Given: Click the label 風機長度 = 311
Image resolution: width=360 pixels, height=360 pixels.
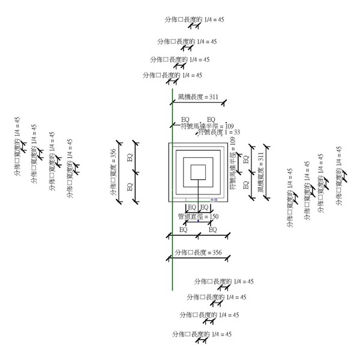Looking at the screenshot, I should (198, 97).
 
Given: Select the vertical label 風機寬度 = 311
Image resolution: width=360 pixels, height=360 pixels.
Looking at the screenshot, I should (260, 172).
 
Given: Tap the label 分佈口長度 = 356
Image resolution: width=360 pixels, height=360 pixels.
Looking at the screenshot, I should (197, 253).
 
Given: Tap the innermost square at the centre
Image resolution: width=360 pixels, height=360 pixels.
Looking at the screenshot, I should (198, 172).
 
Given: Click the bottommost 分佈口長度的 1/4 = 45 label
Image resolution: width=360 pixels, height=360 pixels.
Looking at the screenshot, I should (201, 334).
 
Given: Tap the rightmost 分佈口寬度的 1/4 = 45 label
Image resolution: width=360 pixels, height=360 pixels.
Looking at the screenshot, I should (339, 170).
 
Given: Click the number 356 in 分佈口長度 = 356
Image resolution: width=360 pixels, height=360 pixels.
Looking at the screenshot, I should (217, 253).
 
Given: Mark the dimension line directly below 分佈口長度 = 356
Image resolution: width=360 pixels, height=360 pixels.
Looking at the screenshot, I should (197, 259).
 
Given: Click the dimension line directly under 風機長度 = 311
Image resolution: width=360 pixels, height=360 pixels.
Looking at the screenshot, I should (198, 103).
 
